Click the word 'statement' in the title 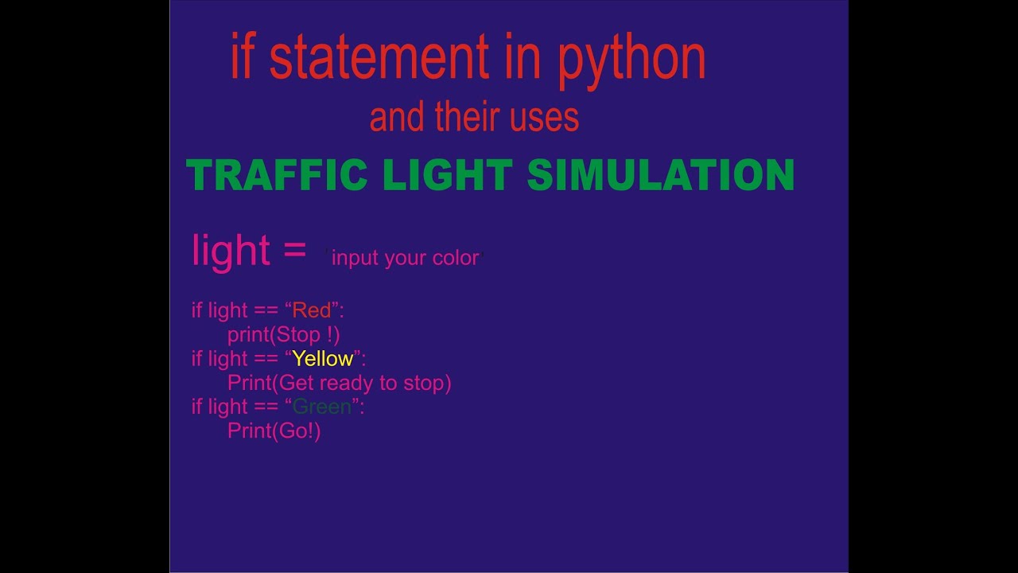pos(379,59)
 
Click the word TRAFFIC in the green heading pos(277,175)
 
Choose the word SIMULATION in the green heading pos(661,175)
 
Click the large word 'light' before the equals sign pos(231,250)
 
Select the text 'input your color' pos(405,258)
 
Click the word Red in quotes pos(311,310)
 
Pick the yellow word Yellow pos(322,358)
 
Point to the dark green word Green pos(322,407)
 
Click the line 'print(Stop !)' pos(284,334)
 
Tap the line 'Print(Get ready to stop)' pos(340,383)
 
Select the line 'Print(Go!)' pos(274,431)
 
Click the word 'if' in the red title pos(242,59)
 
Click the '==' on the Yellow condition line pos(266,359)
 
